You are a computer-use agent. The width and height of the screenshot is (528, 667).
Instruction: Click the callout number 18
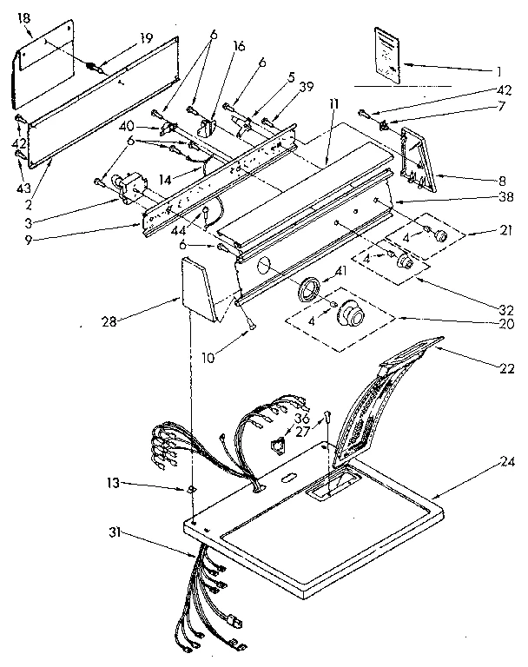click(x=23, y=18)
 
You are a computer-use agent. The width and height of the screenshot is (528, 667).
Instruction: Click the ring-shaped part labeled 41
click(x=307, y=289)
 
